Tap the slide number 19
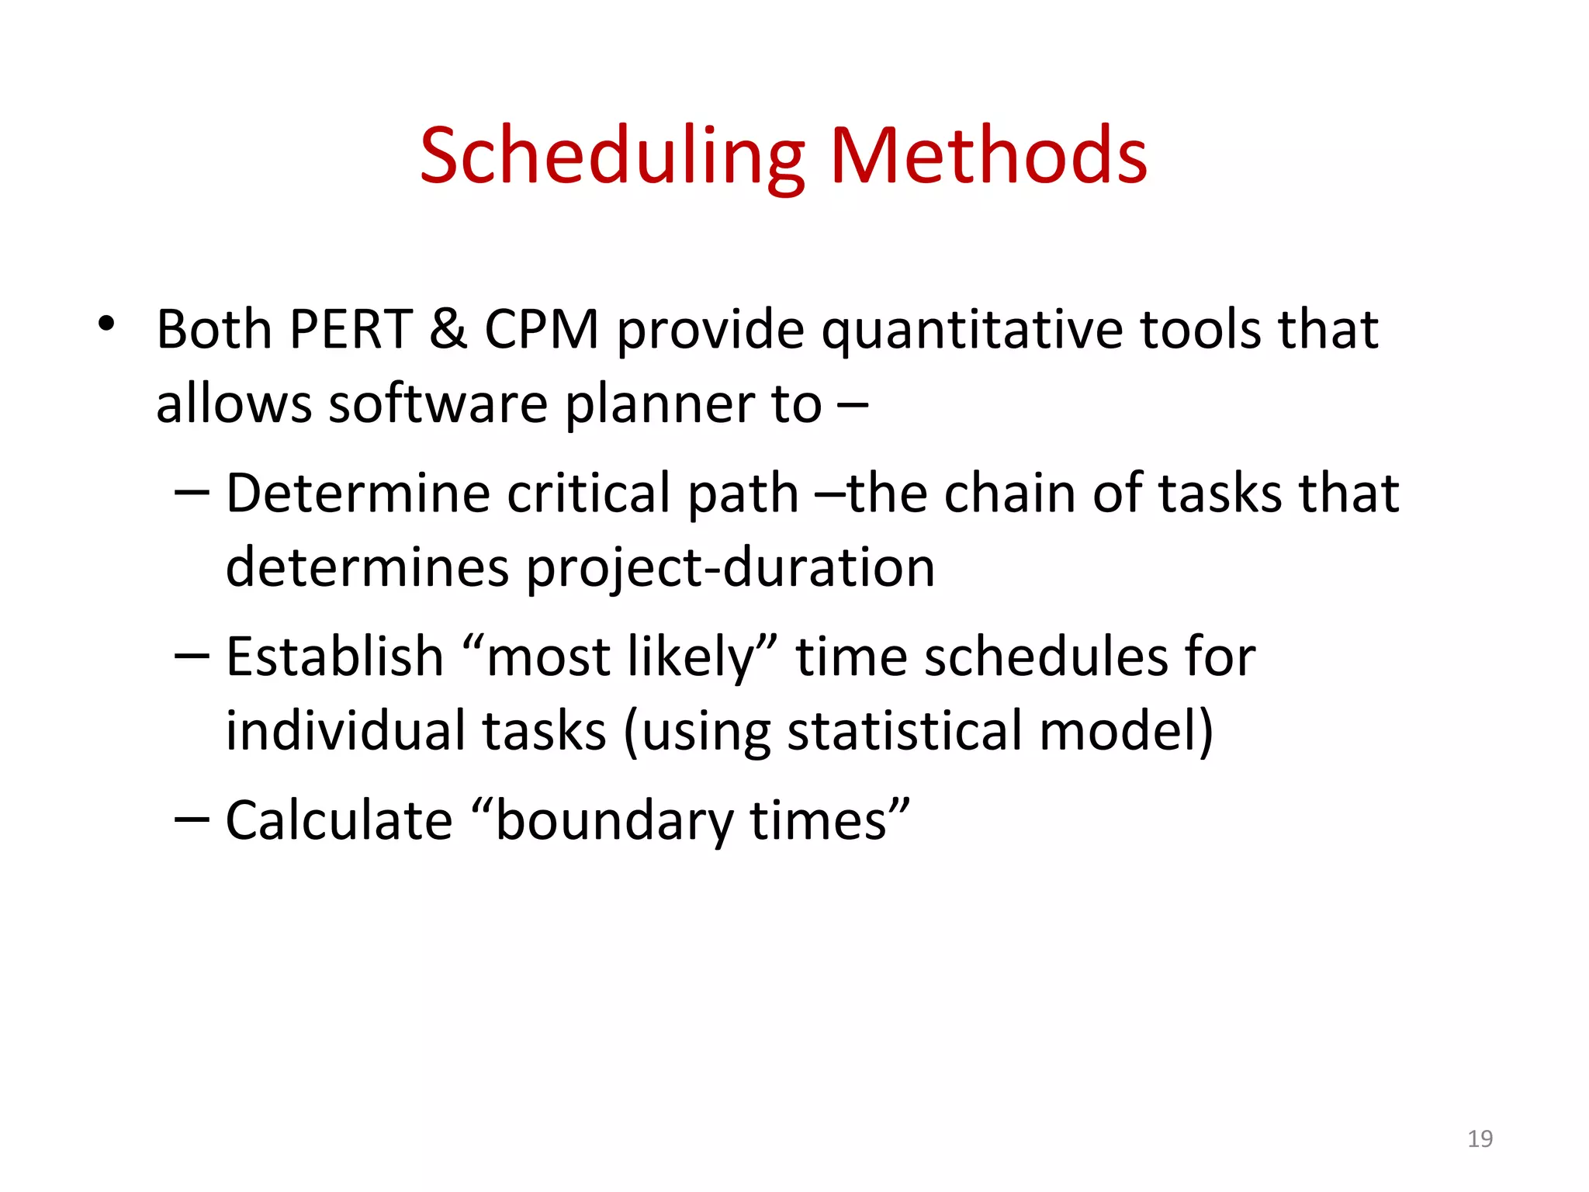click(1480, 1138)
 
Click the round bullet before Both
click(106, 324)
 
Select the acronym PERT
click(350, 330)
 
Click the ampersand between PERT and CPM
click(448, 330)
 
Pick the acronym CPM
click(542, 330)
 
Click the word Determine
click(358, 494)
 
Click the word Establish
click(334, 657)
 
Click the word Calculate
click(339, 821)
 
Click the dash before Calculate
click(192, 819)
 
